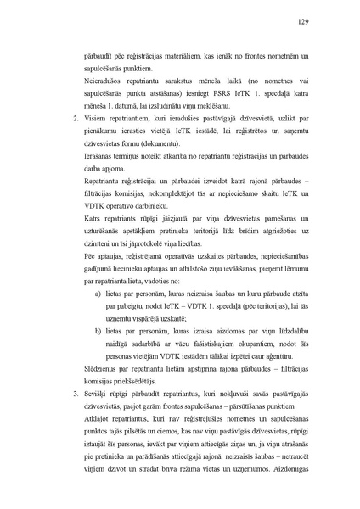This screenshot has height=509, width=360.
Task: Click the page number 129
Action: point(302,22)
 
